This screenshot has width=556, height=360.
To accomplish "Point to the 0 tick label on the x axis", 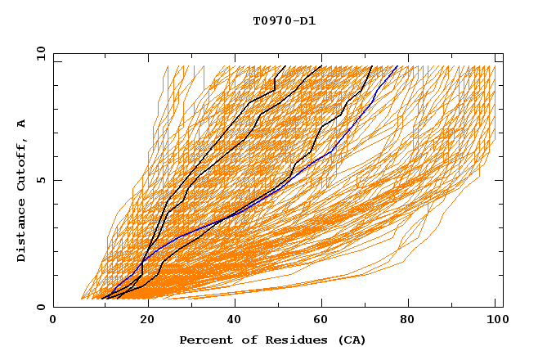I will pos(53,322).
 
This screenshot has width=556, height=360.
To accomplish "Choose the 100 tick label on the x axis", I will pos(495,322).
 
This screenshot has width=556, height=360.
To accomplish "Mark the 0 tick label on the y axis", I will pos(40,308).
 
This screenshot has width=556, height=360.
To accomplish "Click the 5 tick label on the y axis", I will pos(40,180).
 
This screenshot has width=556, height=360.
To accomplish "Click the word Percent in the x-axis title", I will pos(203,340).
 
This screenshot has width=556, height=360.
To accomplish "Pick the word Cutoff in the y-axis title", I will pos(22,166).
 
